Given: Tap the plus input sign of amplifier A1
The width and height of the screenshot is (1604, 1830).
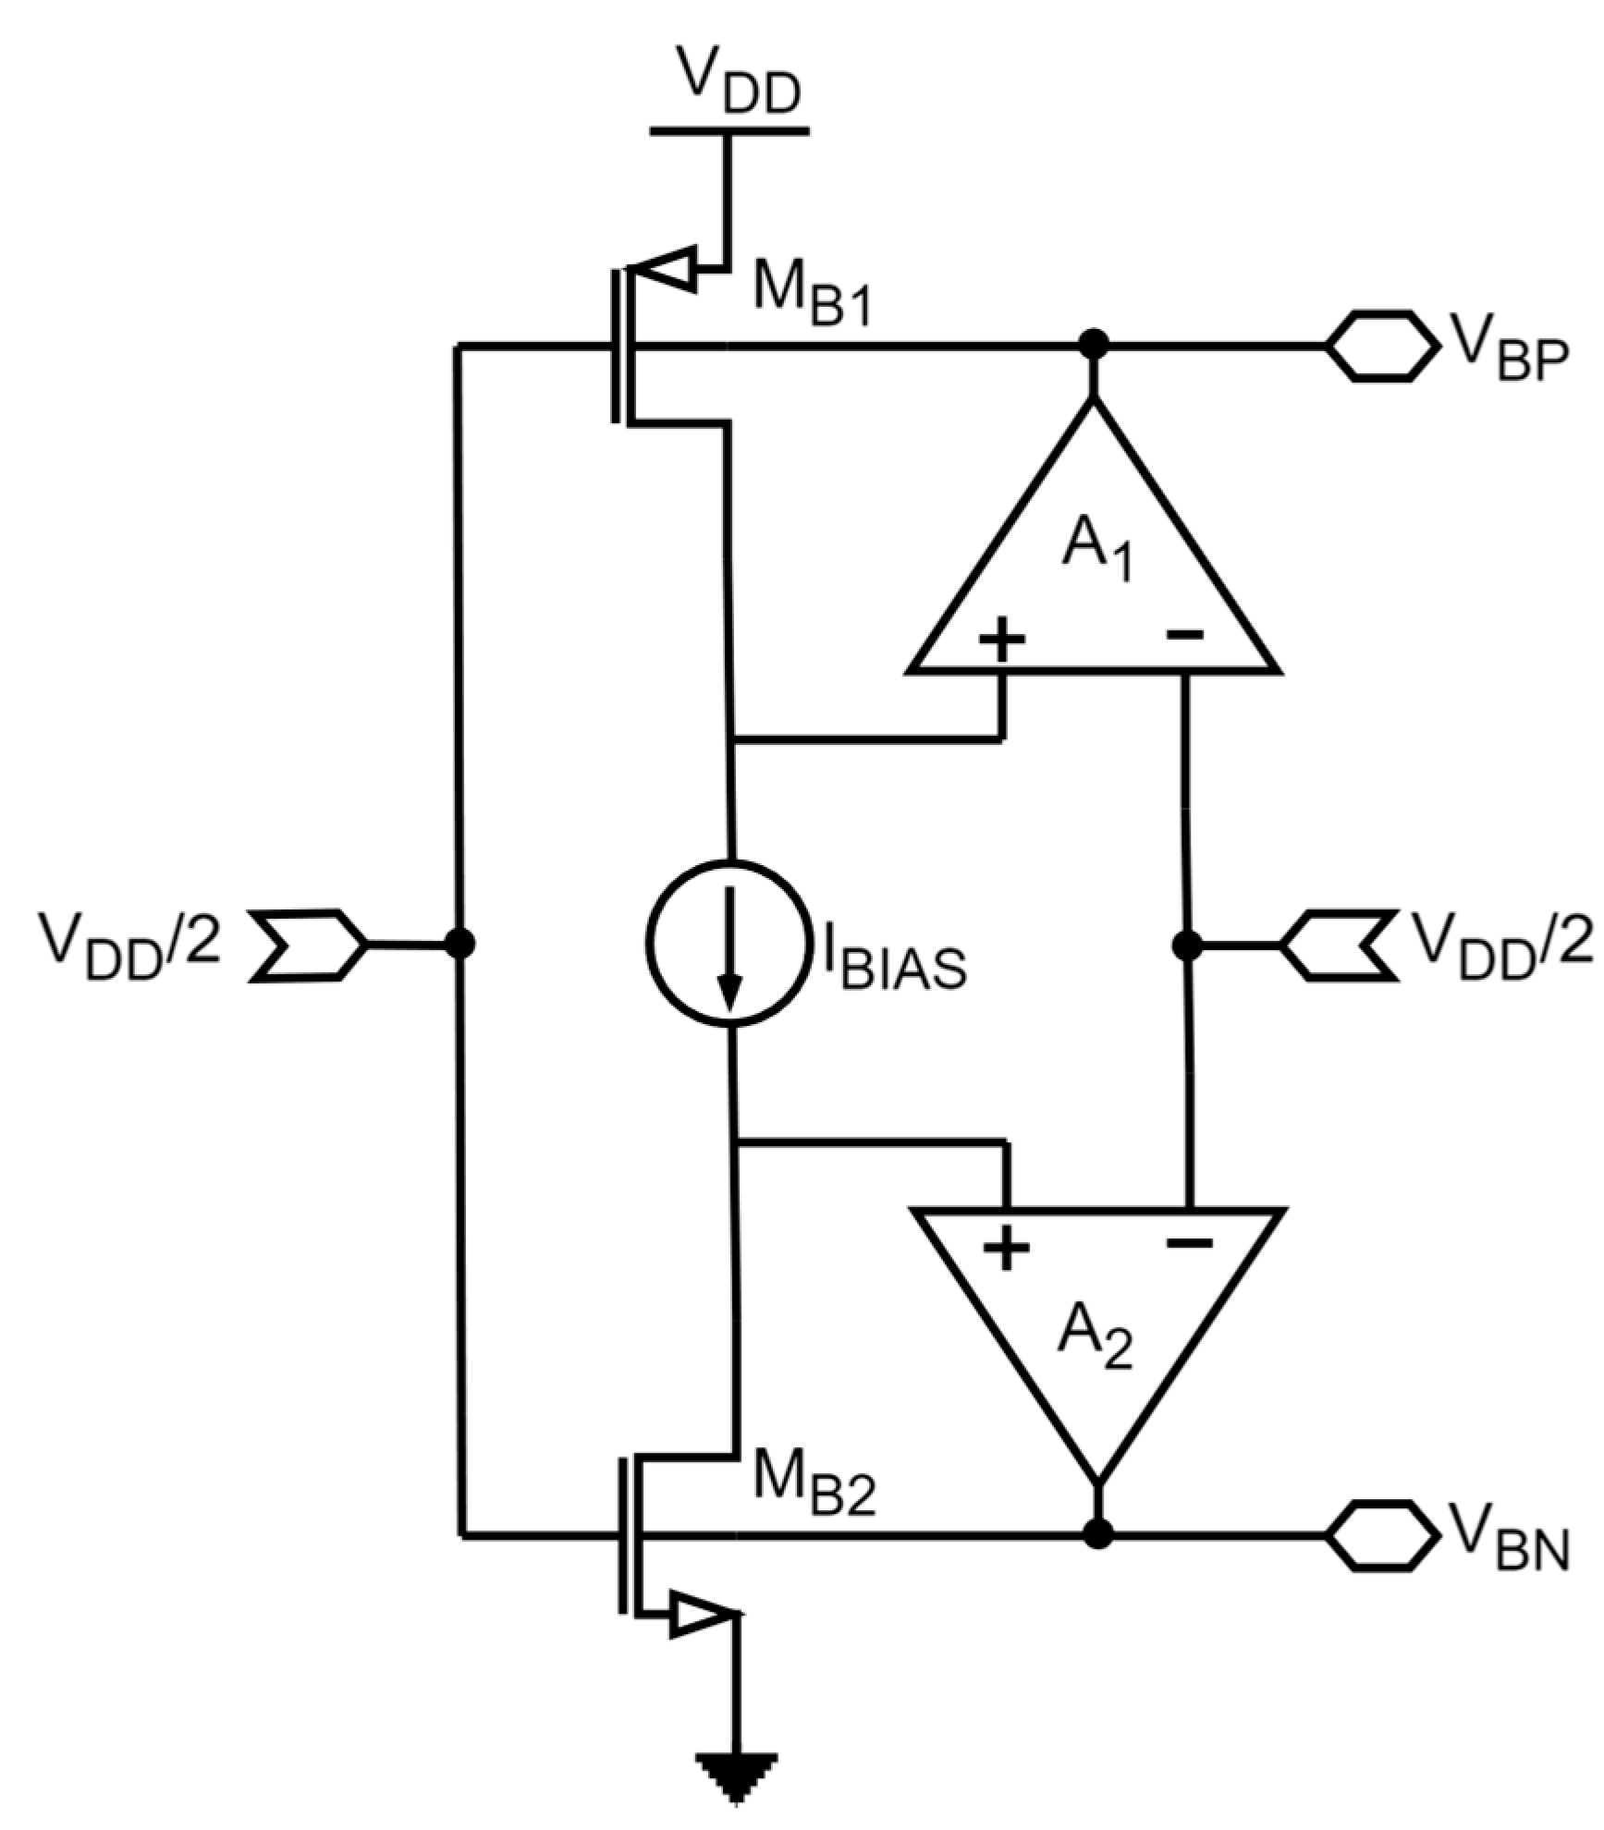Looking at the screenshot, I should [x=1002, y=638].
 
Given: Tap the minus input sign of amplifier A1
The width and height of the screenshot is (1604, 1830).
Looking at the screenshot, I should [x=1184, y=634].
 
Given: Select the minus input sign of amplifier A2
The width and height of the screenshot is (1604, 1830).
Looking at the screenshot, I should [x=1189, y=1243].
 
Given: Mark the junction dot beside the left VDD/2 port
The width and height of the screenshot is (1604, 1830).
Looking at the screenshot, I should [x=459, y=944].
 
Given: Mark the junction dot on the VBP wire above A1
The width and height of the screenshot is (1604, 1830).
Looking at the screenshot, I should [x=1095, y=346].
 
